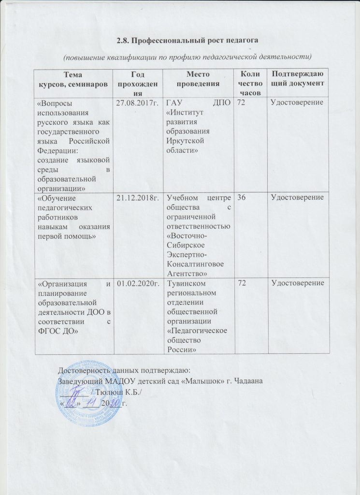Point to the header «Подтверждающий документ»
[x=297, y=79]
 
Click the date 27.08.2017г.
[x=135, y=102]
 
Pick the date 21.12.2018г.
[x=135, y=197]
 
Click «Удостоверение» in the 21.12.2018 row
[x=297, y=197]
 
